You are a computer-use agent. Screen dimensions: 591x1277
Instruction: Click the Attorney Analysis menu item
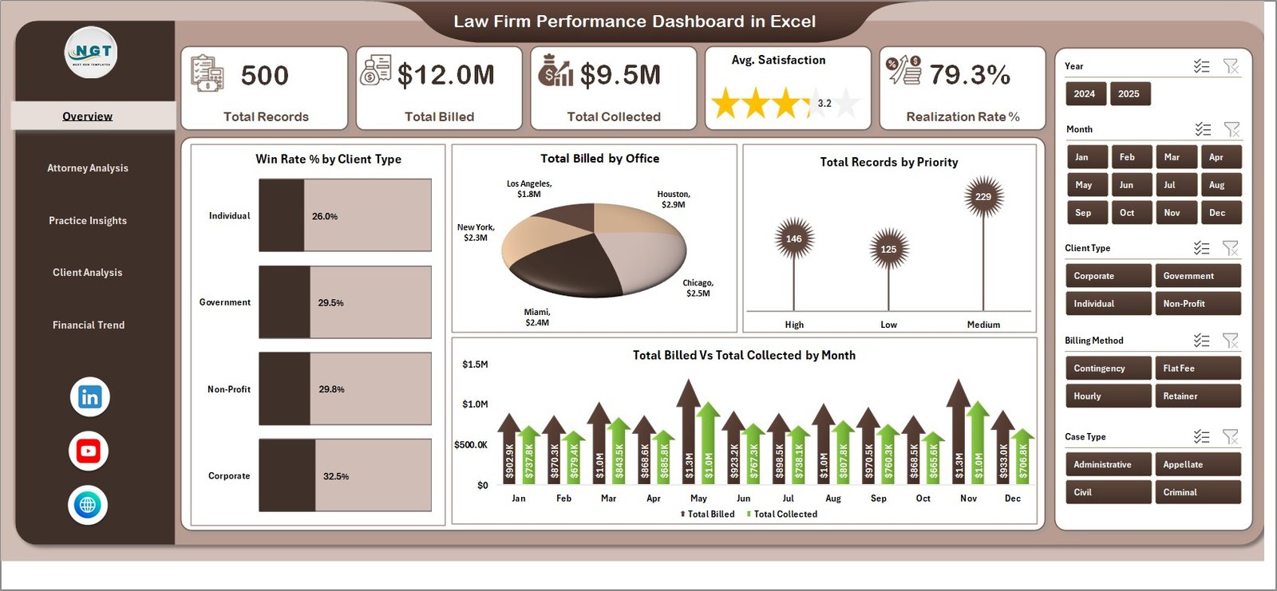[88, 168]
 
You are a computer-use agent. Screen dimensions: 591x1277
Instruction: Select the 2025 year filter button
[1129, 94]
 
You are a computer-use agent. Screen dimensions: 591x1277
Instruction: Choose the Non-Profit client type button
[1197, 304]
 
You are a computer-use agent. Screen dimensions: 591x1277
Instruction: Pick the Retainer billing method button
[1197, 396]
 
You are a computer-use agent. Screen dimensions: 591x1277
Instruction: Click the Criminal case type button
[1197, 493]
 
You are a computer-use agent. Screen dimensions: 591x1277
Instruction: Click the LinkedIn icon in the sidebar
[89, 397]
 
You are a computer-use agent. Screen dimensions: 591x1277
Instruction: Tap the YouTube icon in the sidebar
[89, 451]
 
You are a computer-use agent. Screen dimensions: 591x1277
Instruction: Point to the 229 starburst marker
[983, 197]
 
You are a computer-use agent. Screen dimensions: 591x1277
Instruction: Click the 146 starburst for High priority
[793, 238]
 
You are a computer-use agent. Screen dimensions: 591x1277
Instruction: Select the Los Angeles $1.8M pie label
[529, 189]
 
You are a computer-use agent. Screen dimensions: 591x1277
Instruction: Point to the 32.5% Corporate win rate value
[336, 476]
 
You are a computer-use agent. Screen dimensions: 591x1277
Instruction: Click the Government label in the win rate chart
[225, 302]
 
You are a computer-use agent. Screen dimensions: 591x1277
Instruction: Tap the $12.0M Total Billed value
[446, 76]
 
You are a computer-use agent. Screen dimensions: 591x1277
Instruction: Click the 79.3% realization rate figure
[970, 76]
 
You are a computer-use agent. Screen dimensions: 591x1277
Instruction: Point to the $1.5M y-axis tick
[475, 364]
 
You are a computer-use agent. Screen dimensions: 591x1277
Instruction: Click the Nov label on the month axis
[968, 498]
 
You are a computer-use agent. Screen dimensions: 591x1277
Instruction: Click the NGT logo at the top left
[91, 53]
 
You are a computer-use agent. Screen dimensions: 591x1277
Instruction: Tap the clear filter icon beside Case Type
[1231, 437]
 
